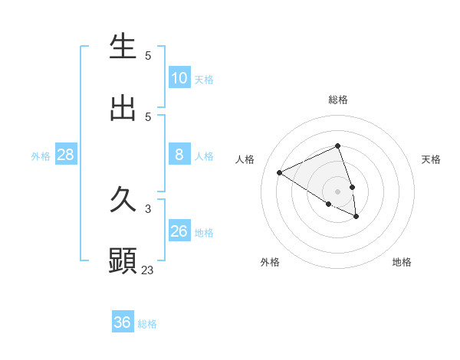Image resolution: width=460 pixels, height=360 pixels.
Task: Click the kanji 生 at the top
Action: (x=123, y=47)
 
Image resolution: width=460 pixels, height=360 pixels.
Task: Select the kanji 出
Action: (x=123, y=109)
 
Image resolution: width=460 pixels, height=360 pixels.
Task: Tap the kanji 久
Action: (x=123, y=201)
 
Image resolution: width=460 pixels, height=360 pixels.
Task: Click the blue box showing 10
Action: (x=179, y=78)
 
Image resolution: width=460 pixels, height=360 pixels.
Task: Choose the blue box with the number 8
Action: (x=179, y=155)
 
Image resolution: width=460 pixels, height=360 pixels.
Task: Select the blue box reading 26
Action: (x=179, y=231)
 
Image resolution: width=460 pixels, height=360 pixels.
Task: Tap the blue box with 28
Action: (x=65, y=155)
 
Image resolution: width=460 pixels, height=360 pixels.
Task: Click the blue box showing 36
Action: (x=122, y=322)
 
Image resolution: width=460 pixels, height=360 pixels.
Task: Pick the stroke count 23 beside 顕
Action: (x=148, y=270)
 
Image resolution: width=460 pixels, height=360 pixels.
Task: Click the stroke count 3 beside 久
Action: (x=148, y=208)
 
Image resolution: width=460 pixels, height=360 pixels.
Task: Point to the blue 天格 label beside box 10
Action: (x=204, y=80)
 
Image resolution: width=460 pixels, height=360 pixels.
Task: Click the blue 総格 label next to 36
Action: (x=147, y=324)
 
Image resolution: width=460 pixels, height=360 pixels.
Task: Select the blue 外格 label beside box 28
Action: (x=41, y=156)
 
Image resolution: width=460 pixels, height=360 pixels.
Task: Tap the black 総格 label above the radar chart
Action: (x=337, y=100)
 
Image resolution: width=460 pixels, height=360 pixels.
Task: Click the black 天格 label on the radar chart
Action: (x=432, y=159)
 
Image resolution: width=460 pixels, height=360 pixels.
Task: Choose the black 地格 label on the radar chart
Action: (x=402, y=262)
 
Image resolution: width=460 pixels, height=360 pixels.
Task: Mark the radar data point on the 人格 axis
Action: (x=280, y=172)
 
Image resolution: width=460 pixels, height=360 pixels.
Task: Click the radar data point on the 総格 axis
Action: (x=337, y=146)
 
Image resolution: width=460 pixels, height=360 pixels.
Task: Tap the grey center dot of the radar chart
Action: (x=337, y=191)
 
